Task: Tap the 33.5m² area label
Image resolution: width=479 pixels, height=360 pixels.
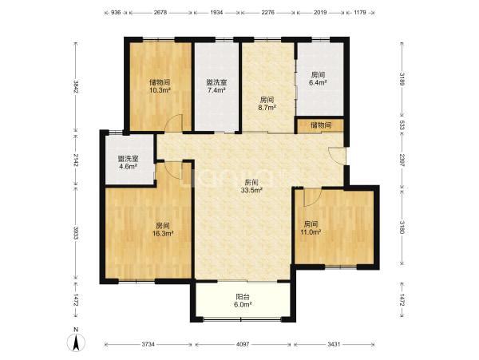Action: [252, 190]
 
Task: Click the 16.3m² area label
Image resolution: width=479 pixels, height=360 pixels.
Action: [163, 234]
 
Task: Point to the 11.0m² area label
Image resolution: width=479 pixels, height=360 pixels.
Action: [311, 232]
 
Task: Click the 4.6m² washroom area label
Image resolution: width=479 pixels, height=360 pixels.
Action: [128, 166]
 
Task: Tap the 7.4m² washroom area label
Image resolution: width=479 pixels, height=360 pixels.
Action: [216, 90]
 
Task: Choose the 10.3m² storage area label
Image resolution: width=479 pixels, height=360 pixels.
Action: [160, 90]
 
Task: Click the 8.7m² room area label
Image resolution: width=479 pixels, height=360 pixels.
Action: [267, 107]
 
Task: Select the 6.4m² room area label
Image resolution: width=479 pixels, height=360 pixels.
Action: [318, 82]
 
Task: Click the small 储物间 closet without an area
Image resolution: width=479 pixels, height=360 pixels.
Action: [321, 125]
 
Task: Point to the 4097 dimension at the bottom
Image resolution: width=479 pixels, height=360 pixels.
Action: [243, 344]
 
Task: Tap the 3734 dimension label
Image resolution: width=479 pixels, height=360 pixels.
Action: [148, 344]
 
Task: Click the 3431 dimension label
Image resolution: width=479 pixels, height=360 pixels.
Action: [334, 344]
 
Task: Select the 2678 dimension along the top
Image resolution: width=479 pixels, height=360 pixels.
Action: [160, 13]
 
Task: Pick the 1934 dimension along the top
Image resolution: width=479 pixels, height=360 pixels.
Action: [216, 13]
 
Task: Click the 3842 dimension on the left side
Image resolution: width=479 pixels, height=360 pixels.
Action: [76, 87]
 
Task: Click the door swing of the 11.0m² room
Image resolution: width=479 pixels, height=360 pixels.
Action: [312, 198]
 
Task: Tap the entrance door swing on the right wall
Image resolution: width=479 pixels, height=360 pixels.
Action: [337, 156]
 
